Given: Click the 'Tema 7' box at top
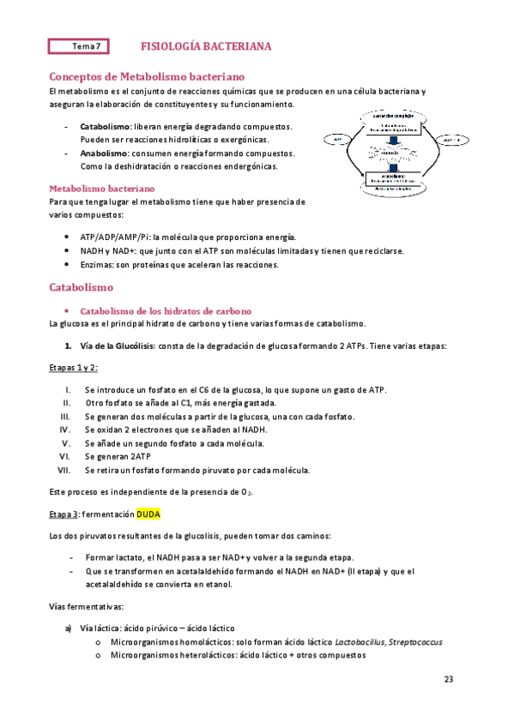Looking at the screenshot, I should click(x=86, y=46).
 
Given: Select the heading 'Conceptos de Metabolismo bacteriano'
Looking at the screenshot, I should click(x=148, y=75).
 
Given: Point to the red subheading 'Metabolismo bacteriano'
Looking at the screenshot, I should click(x=102, y=187).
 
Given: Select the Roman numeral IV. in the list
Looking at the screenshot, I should click(x=65, y=429).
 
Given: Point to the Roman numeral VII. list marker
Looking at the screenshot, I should click(x=63, y=470).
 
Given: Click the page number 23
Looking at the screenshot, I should click(x=448, y=679).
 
